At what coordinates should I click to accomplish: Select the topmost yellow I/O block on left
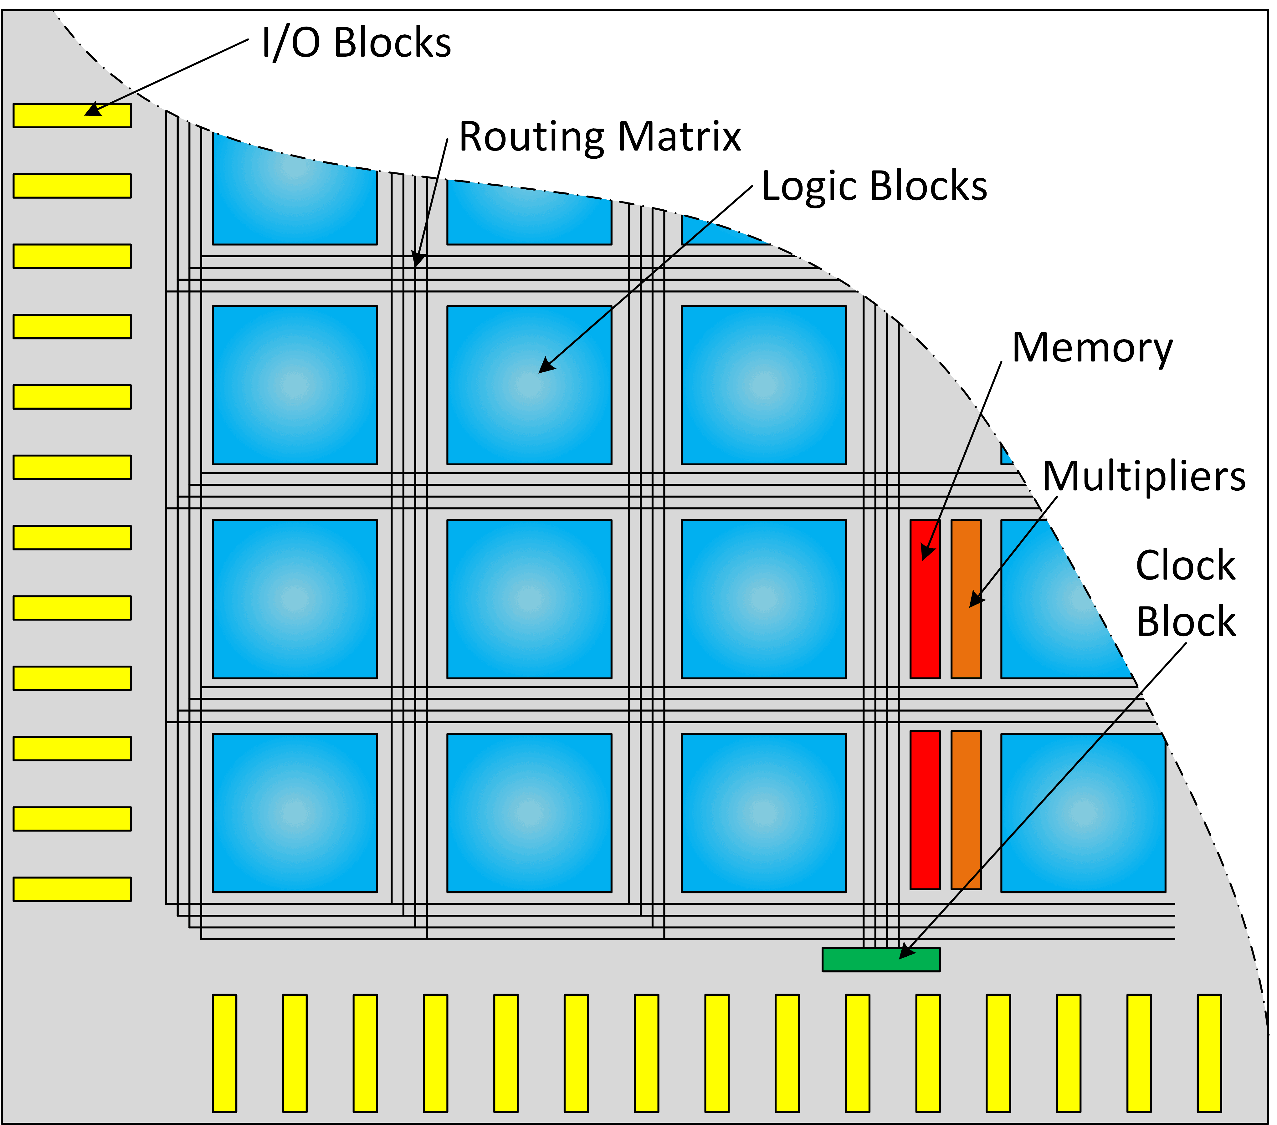(x=72, y=115)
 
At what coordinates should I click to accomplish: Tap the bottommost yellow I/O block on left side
(x=72, y=889)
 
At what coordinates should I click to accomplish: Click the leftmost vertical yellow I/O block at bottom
(x=224, y=1053)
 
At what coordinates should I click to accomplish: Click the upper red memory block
(x=925, y=598)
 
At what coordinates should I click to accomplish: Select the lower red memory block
(x=925, y=810)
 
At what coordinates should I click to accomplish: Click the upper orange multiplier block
(x=966, y=598)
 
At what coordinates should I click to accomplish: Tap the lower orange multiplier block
(x=966, y=810)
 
